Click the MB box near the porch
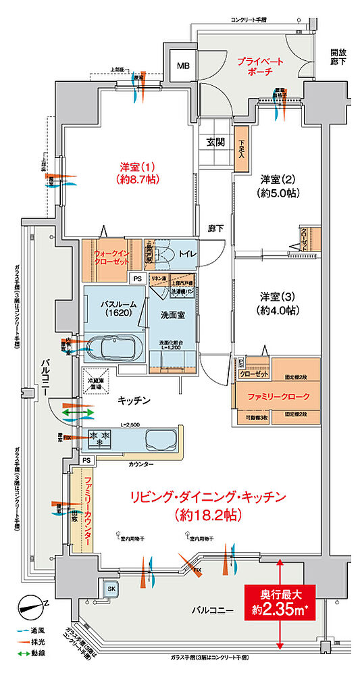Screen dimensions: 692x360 pos(183,66)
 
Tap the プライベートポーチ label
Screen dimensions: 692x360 pos(260,66)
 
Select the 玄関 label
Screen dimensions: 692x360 pos(216,142)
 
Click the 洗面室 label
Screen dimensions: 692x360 pos(172,315)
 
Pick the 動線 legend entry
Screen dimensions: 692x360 pos(34,653)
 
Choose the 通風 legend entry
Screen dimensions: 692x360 pos(34,630)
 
